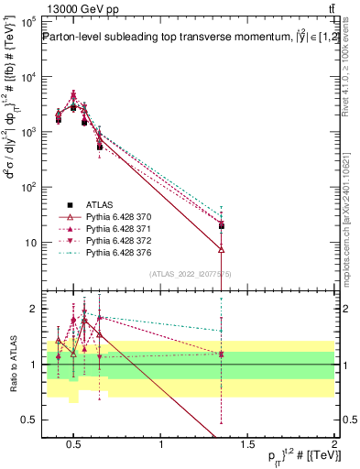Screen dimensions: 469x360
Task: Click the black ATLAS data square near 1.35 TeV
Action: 222,225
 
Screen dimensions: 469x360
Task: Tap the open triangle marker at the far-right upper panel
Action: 222,249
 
